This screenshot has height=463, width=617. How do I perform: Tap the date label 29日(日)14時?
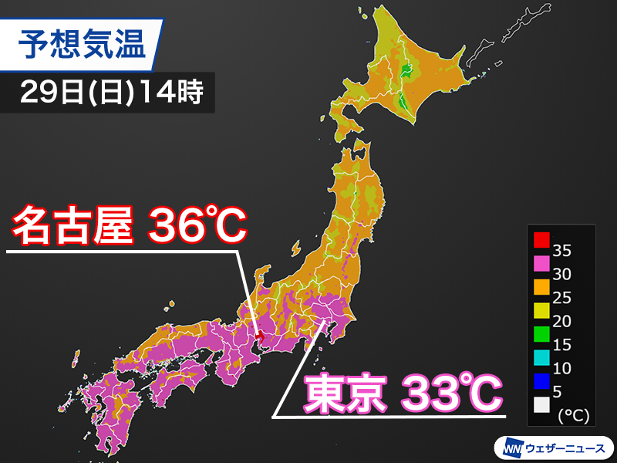pos(108,93)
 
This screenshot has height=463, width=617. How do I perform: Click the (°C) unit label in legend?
pos(572,416)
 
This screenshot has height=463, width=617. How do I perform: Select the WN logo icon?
pos(511,446)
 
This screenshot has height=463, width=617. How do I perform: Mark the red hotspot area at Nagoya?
pos(261,337)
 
